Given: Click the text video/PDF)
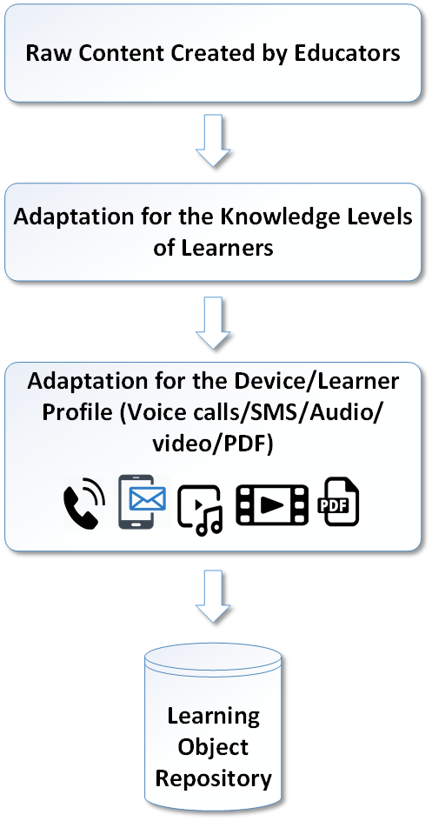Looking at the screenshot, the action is (213, 444).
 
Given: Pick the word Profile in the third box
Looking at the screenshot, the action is (76, 412).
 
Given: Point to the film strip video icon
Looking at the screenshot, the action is (272, 504).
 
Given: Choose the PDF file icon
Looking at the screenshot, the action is (339, 501).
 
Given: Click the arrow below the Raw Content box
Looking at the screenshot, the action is (213, 141).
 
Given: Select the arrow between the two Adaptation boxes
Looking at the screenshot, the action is (213, 323).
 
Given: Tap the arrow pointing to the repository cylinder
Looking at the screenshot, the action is (213, 596).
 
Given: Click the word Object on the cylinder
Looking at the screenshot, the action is (213, 747).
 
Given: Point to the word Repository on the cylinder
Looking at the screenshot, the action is (213, 778).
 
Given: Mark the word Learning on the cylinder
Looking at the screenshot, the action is (213, 716).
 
